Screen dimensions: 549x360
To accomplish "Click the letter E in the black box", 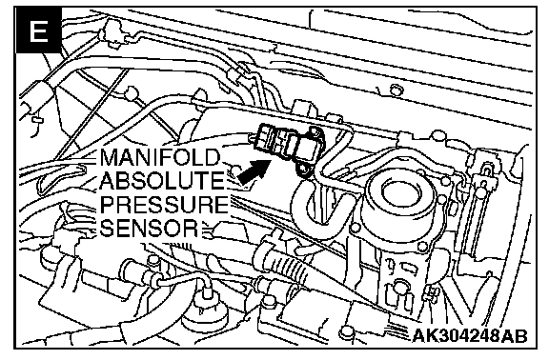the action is pos(38,31).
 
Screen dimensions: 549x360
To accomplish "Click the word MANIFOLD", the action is pos(160,157).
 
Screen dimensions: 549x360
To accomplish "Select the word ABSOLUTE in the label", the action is pos(161,180).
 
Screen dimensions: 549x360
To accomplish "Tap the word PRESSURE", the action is pos(164,204).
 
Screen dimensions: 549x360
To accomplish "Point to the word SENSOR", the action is pos(149,228).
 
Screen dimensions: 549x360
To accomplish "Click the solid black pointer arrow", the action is pos(253,171).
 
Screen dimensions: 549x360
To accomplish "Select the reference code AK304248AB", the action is pos(470,336).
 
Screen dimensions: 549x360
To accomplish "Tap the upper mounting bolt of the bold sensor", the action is pos(315,132).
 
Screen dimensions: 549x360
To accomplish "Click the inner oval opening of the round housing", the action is pos(399,191).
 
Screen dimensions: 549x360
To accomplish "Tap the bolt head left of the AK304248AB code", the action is pos(347,332).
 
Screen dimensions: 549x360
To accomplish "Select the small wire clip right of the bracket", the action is pos(432,292).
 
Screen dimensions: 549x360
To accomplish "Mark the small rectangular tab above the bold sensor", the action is pos(304,107).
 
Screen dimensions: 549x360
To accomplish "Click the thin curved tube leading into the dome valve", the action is pos(182,279).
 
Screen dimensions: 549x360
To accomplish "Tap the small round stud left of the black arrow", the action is pos(235,170).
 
